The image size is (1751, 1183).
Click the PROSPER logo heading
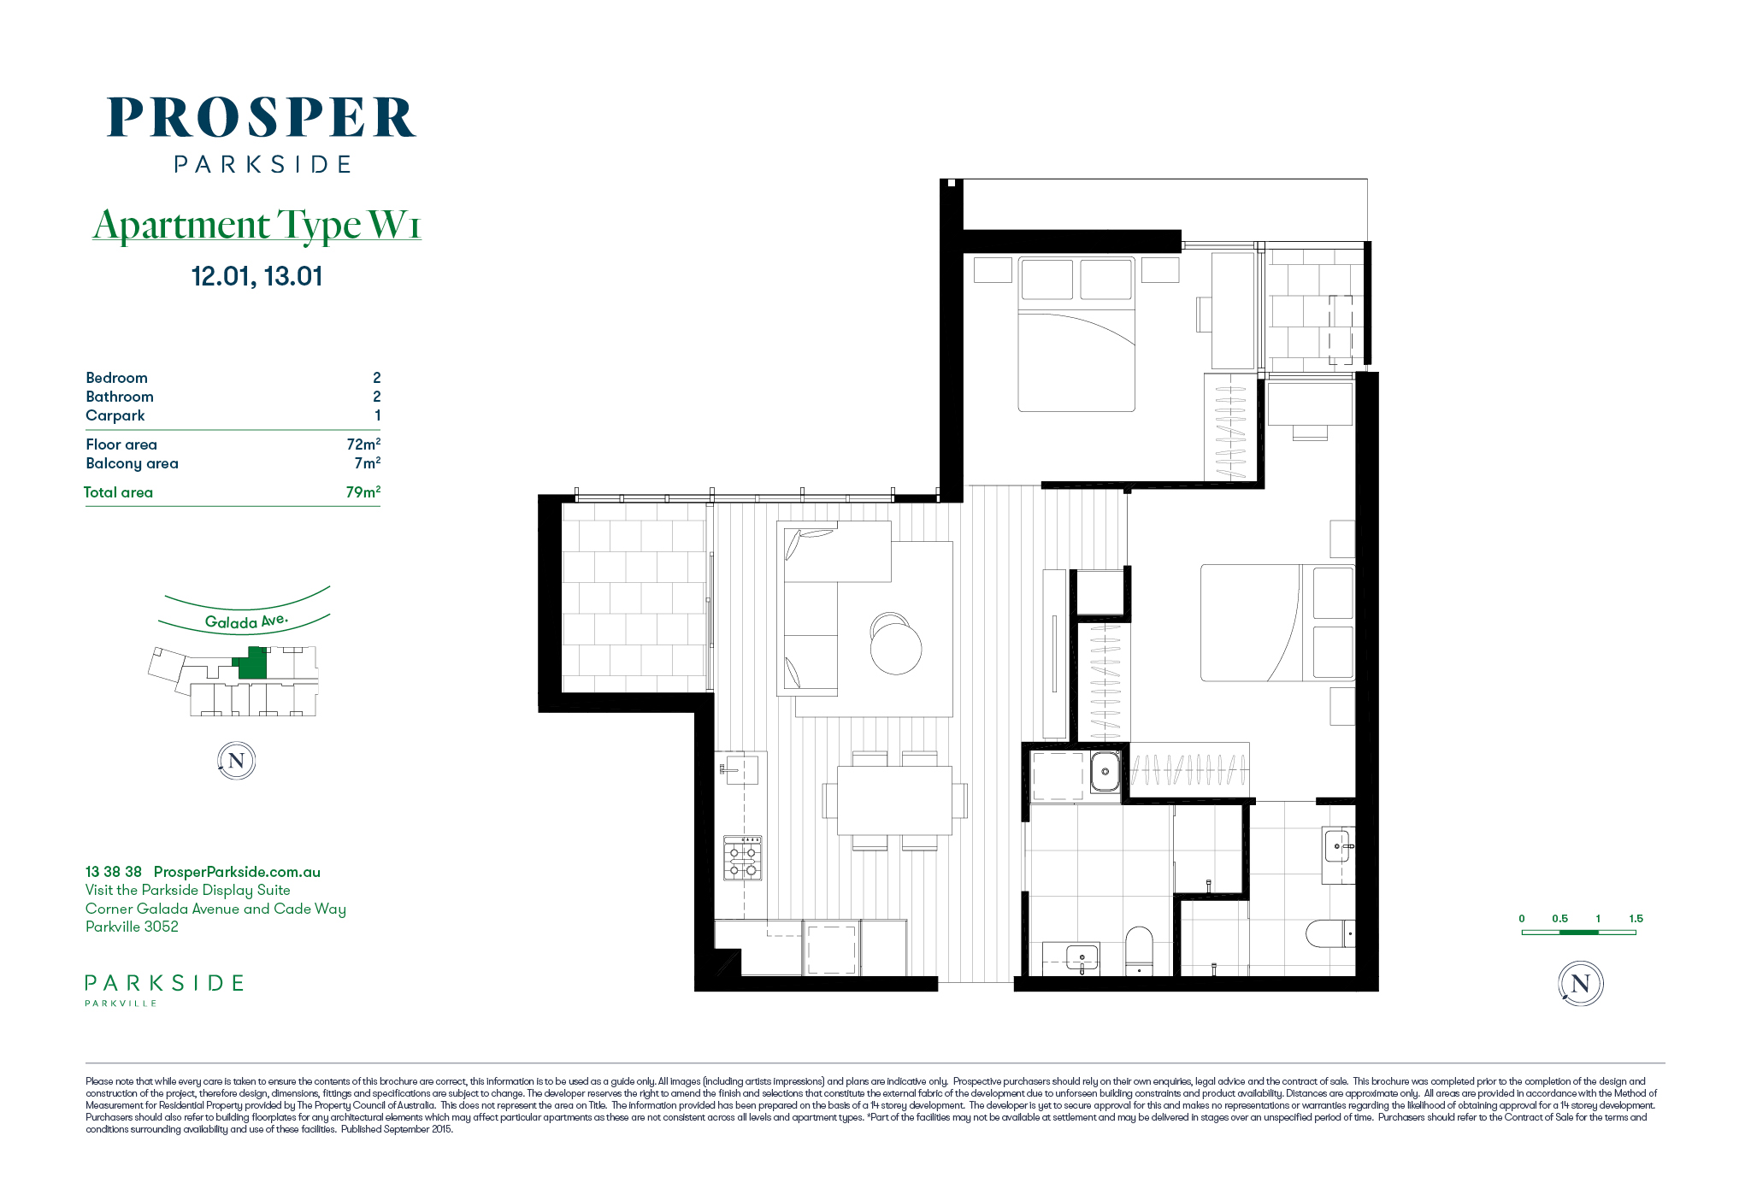pos(262,117)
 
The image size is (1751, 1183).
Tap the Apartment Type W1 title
pos(257,225)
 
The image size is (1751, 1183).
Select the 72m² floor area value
pos(363,444)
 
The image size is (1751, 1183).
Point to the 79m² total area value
pos(363,491)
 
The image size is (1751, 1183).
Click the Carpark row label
pos(115,415)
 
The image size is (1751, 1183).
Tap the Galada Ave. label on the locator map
pos(246,621)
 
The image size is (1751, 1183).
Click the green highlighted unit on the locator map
pos(251,664)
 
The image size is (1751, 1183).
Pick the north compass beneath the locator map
pos(237,761)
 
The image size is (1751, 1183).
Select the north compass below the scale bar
pos(1580,984)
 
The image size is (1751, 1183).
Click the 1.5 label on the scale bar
pos(1636,919)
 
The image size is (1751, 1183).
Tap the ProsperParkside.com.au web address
pos(237,872)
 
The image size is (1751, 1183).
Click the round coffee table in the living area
pos(896,647)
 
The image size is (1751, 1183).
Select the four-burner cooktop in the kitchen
pos(742,858)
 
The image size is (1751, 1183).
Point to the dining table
pos(894,800)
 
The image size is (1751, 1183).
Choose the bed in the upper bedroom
pos(1076,334)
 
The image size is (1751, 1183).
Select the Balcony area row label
pos(132,463)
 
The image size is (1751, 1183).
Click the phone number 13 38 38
pos(114,872)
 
